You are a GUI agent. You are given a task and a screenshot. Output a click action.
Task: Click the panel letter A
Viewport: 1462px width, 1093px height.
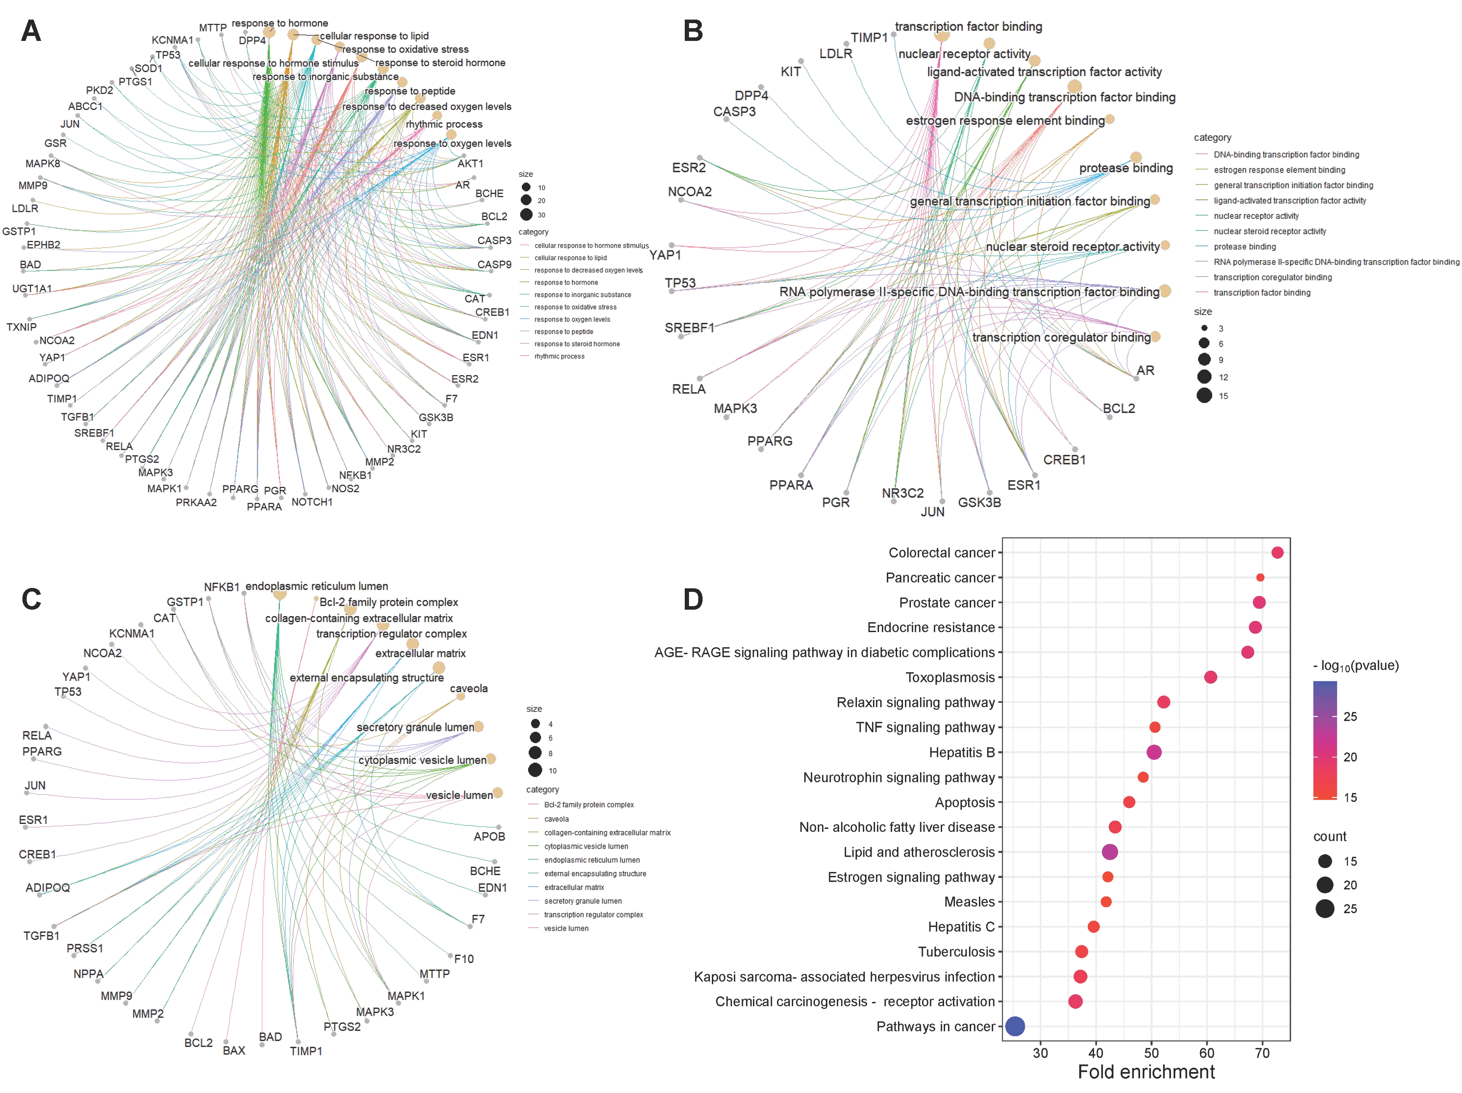tap(31, 31)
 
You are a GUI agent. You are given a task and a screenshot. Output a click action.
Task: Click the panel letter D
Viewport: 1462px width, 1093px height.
tap(693, 600)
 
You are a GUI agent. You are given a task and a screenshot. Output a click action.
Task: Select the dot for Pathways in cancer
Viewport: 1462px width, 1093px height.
tap(1015, 1026)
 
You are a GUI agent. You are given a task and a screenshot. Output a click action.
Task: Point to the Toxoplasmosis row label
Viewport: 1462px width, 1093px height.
tap(950, 677)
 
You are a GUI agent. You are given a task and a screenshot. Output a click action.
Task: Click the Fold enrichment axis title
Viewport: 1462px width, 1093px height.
tap(1146, 1072)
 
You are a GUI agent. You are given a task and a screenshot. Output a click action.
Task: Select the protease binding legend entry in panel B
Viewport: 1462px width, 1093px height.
tap(1245, 247)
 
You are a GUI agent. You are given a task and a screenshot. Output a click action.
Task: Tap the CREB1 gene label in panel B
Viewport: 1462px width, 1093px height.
tap(1064, 459)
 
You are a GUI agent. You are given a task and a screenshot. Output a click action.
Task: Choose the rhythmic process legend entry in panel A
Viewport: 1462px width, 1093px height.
tap(559, 356)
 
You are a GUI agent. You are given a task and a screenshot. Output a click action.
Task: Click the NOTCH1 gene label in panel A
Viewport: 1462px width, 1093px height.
tap(312, 502)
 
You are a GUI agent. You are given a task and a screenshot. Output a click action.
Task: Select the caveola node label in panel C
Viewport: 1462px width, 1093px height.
tap(468, 688)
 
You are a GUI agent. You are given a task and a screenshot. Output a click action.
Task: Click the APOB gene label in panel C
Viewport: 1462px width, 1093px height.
tap(489, 836)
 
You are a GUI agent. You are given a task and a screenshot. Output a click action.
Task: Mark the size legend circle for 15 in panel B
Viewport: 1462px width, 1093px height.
tap(1204, 395)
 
